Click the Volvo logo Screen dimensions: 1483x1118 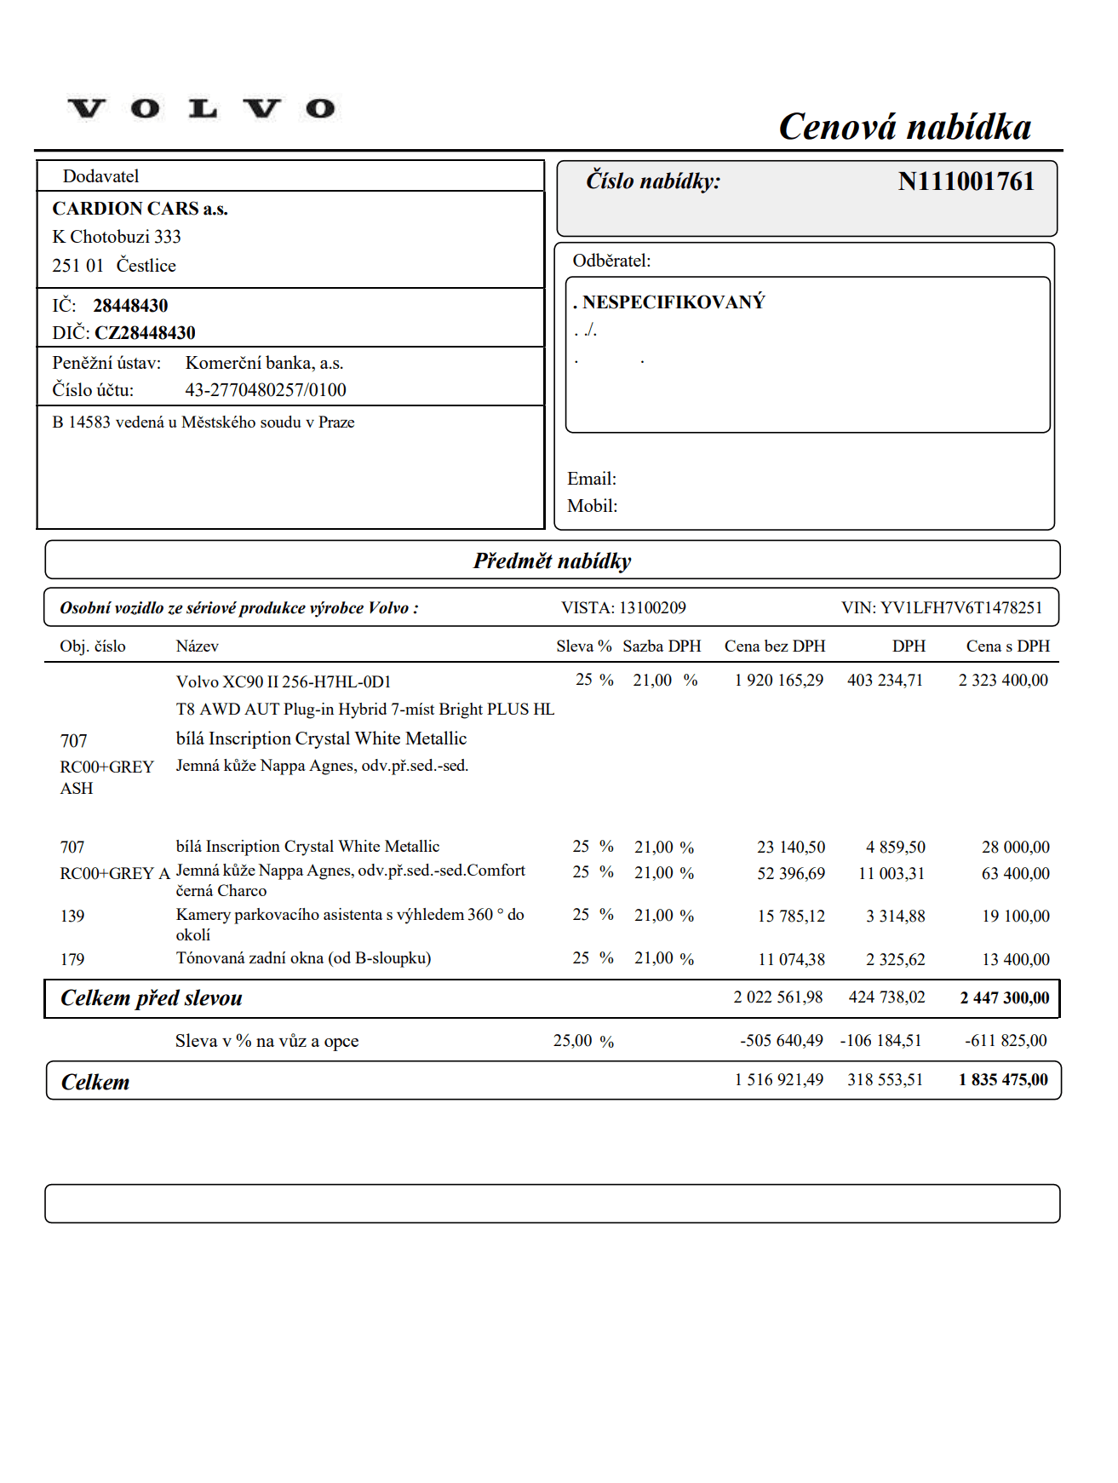[x=202, y=109]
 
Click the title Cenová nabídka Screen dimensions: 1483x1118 [x=904, y=127]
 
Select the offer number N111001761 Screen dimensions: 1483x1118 [x=966, y=181]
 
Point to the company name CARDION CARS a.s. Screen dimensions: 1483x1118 [x=140, y=209]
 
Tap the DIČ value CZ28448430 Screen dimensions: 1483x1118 [x=145, y=333]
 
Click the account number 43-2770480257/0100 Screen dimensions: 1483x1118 [x=266, y=390]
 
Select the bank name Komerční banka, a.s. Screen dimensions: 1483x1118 [x=264, y=363]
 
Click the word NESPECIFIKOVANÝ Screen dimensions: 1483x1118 [x=674, y=302]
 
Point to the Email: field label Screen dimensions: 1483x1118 [x=592, y=479]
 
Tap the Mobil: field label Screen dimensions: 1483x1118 [x=593, y=506]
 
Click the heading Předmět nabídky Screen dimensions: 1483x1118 [x=553, y=560]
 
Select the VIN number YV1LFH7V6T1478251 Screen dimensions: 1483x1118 [x=960, y=608]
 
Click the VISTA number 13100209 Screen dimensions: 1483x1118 [x=652, y=608]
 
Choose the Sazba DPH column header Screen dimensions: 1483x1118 [x=662, y=647]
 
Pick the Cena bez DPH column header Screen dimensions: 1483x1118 [x=775, y=647]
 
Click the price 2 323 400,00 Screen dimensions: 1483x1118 [x=1003, y=681]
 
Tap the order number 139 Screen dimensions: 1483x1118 [x=72, y=917]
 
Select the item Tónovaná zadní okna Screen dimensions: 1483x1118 [x=303, y=958]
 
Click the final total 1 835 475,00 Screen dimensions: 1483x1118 [x=1003, y=1080]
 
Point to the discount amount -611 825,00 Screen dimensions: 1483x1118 [x=1006, y=1041]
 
